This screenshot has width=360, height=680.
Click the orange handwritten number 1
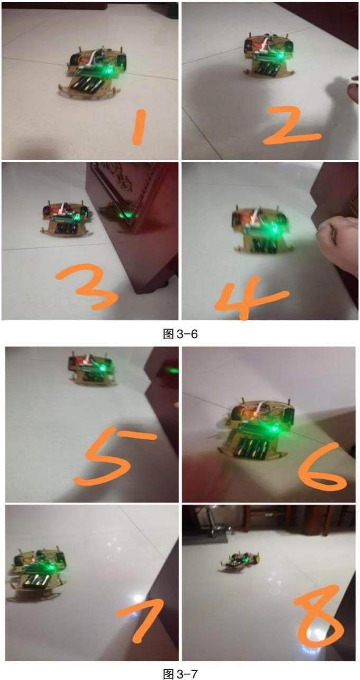(139, 127)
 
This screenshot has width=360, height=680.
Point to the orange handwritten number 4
(246, 299)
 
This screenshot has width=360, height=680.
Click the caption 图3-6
(180, 334)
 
